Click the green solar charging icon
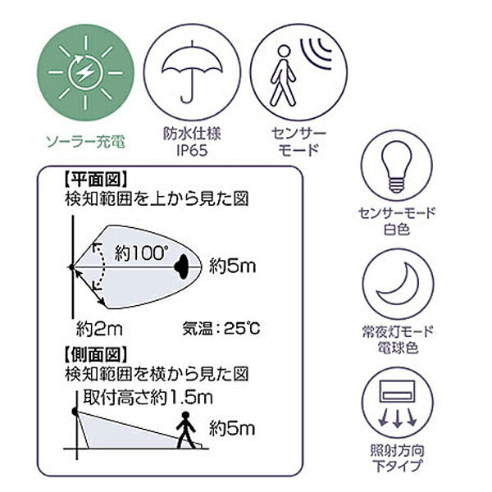pos(85,73)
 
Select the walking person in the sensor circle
pos(283,76)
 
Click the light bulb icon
pos(397,166)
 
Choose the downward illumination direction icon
pos(397,403)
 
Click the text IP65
pos(192,151)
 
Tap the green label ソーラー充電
pos(85,142)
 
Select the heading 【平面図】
pos(96,180)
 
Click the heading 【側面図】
pos(96,354)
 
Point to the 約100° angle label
pos(141,253)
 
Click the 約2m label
pos(99,329)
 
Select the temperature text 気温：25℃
pos(221,329)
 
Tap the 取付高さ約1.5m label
pos(148,398)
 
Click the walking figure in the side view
pos(186,430)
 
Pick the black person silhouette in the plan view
pos(181,266)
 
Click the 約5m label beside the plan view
pos(232,266)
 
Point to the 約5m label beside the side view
pos(232,428)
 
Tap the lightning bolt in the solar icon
pos(85,73)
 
